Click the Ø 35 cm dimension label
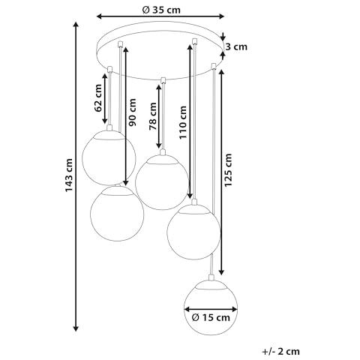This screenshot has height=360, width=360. pyautogui.click(x=161, y=10)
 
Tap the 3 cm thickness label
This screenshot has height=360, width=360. pyautogui.click(x=236, y=46)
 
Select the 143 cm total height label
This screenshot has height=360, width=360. pyautogui.click(x=69, y=175)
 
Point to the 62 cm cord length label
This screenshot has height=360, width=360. pyautogui.click(x=98, y=98)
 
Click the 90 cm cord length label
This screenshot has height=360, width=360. pyautogui.click(x=132, y=112)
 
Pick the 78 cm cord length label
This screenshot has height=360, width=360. pyautogui.click(x=152, y=116)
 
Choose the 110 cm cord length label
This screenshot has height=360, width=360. pyautogui.click(x=182, y=122)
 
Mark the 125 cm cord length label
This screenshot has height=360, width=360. pyautogui.click(x=228, y=170)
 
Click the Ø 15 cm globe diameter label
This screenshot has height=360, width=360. pyautogui.click(x=211, y=318)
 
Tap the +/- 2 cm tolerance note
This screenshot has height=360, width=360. pyautogui.click(x=280, y=352)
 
